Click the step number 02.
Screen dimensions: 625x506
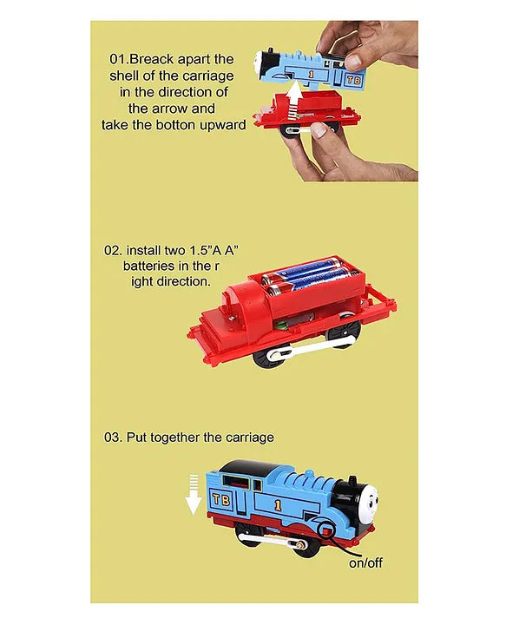tap(114, 250)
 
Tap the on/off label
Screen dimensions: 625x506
tap(365, 562)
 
